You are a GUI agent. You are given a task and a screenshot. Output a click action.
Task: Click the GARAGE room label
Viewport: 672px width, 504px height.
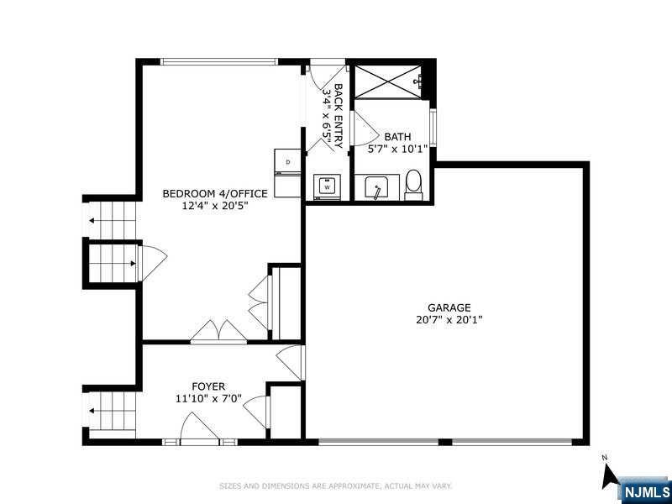(449, 307)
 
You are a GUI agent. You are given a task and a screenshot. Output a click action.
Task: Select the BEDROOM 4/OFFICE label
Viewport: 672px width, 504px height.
(215, 194)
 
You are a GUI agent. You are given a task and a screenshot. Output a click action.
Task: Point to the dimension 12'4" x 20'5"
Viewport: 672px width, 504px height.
(215, 205)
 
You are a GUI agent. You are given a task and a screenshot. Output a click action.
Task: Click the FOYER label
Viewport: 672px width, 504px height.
(208, 386)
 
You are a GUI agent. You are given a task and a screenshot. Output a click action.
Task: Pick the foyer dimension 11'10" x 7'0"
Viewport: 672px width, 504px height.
(208, 398)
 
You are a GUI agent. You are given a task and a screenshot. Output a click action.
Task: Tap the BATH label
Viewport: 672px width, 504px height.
(397, 137)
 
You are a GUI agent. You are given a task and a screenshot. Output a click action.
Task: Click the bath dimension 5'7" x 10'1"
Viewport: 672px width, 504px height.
(397, 149)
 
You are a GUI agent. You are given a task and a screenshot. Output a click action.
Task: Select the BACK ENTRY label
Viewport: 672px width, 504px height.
(339, 116)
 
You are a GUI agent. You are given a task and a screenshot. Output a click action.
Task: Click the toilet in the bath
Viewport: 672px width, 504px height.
(413, 184)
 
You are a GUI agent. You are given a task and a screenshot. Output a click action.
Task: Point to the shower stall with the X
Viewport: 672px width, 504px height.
(388, 81)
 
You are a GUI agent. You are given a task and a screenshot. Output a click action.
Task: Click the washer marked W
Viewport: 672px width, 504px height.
(328, 186)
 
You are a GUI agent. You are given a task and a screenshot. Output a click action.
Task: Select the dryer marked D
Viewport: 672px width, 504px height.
(287, 161)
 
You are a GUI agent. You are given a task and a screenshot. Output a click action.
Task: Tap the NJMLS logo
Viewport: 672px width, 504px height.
(646, 491)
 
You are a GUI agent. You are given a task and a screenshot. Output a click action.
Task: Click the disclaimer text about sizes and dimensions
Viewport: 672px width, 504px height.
(335, 486)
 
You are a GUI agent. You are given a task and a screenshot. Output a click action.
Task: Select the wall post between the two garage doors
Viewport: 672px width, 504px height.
(445, 442)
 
